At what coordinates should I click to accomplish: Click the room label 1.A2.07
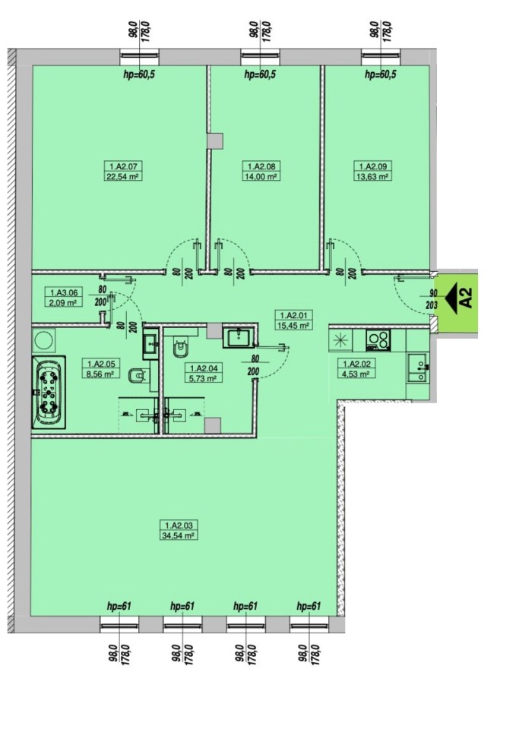(x=123, y=166)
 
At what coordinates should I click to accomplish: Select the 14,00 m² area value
(x=261, y=177)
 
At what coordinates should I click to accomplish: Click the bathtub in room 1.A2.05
(x=49, y=393)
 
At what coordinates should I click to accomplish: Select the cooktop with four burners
(x=378, y=340)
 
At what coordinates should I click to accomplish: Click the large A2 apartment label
(x=466, y=298)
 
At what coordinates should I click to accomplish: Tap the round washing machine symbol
(x=44, y=340)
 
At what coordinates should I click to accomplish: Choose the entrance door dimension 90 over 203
(x=433, y=299)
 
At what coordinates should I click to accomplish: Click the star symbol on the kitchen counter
(x=340, y=340)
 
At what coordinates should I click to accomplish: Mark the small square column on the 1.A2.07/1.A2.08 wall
(x=215, y=141)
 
